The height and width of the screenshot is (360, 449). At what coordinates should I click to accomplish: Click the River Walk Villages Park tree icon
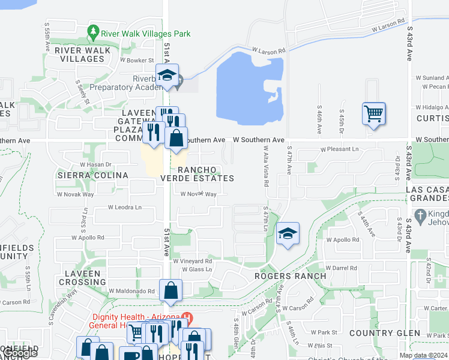[93, 31]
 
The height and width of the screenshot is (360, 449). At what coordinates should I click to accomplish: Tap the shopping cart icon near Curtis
[373, 112]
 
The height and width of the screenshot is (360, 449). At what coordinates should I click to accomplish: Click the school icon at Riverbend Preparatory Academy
[167, 75]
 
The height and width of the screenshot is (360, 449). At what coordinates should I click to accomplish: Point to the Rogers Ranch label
[290, 276]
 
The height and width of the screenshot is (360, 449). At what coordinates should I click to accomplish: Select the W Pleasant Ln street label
[339, 148]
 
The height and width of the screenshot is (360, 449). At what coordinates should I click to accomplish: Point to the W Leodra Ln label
[124, 207]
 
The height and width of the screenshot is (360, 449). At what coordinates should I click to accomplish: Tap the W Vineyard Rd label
[193, 261]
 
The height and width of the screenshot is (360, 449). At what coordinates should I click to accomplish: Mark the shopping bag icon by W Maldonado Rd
[171, 290]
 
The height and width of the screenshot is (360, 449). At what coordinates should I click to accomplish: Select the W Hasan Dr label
[96, 164]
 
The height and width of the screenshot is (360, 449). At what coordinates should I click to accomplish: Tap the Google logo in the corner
[20, 353]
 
